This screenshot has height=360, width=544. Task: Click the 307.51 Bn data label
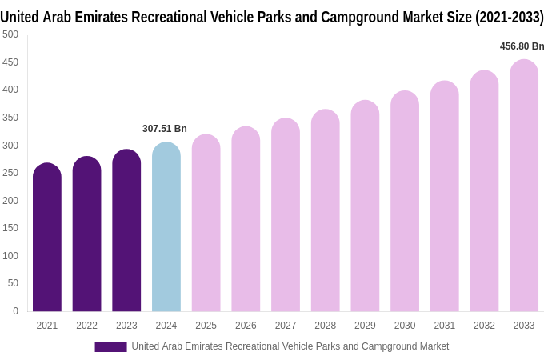click(x=165, y=129)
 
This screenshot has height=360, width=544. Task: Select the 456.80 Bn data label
click(x=522, y=46)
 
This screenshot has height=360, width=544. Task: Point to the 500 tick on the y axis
click(x=10, y=34)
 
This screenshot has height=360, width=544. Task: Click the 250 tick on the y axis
click(x=10, y=173)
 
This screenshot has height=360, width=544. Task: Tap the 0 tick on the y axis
click(x=15, y=311)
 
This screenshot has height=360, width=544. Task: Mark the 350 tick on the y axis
click(x=10, y=118)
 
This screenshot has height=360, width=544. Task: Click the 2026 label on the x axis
click(x=246, y=326)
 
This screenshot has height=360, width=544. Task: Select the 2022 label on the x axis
click(x=86, y=326)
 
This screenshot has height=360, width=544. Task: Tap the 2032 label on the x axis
click(x=484, y=326)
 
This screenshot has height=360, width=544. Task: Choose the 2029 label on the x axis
click(x=365, y=326)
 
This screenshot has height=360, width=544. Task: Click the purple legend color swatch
click(x=110, y=347)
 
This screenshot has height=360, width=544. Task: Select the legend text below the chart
click(x=290, y=346)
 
